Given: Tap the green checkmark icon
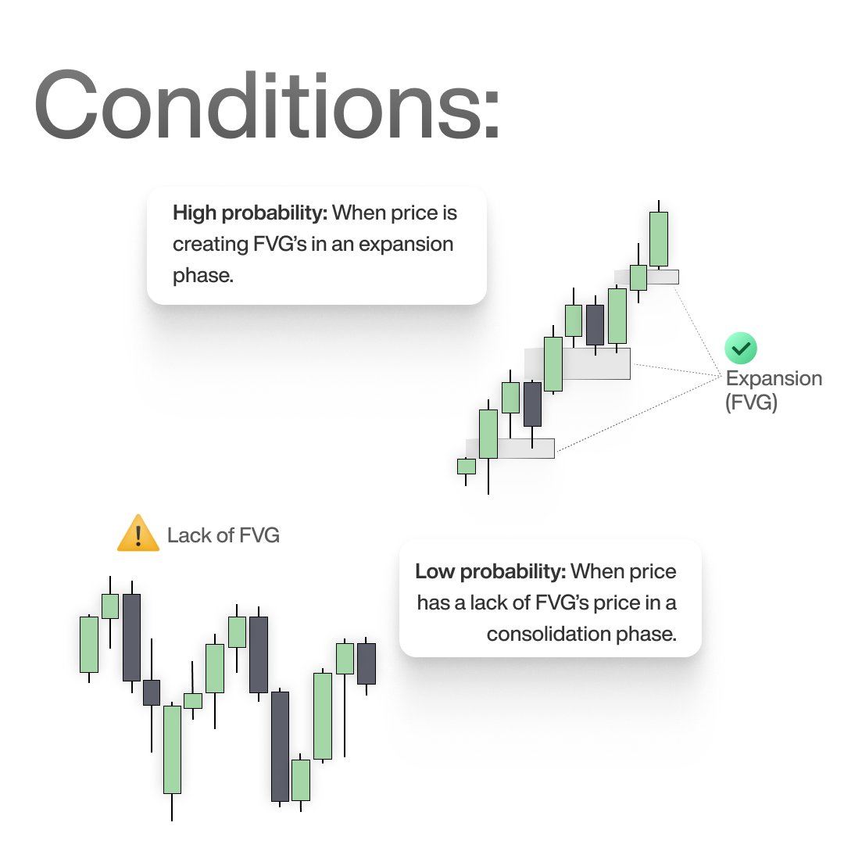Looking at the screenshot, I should (740, 348).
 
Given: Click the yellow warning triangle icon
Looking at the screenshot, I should (138, 533).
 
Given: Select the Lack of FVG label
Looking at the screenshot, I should (223, 535).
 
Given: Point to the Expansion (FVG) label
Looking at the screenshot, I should (774, 391).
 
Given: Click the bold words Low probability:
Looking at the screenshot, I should (490, 571).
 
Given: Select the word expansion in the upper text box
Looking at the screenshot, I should (412, 244).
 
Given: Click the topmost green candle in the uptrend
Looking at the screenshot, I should (659, 238).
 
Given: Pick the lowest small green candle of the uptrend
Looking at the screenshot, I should (467, 466).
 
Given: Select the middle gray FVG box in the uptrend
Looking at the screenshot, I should (595, 363).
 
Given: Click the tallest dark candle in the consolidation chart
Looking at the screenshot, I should (280, 746).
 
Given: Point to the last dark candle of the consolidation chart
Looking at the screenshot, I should (366, 663).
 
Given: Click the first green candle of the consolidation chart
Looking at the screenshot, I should (89, 644).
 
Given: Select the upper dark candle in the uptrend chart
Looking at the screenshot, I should (595, 324).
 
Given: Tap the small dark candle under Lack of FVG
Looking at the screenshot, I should (151, 692).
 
